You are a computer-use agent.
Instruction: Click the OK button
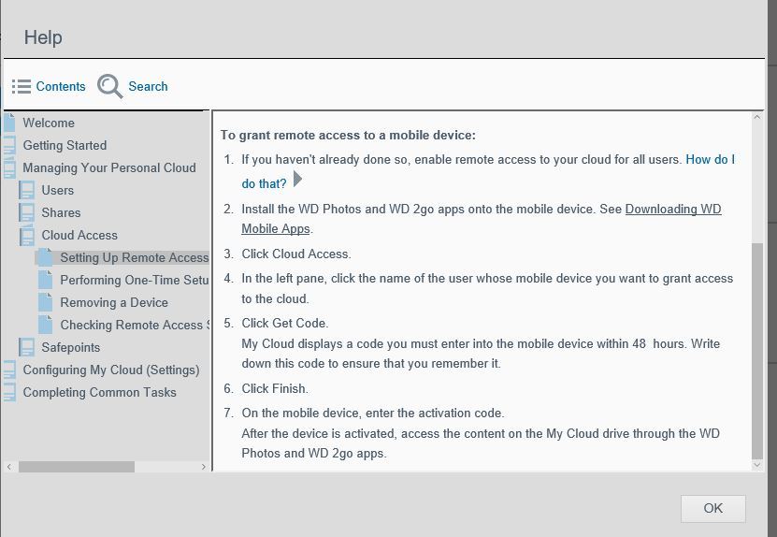(712, 508)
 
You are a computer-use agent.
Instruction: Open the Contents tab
(50, 86)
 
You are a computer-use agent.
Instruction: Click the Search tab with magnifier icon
(134, 86)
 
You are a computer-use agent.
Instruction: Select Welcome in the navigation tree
(49, 123)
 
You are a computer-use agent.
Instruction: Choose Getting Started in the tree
(65, 145)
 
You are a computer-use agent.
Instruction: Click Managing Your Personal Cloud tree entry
(109, 167)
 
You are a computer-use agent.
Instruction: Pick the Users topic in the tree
(57, 190)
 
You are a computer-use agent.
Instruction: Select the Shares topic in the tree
(61, 212)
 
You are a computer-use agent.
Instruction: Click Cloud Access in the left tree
(79, 235)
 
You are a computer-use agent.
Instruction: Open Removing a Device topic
(114, 302)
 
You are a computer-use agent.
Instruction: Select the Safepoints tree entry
(70, 347)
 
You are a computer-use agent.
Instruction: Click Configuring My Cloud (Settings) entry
(111, 370)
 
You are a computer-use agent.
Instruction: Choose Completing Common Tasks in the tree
(99, 392)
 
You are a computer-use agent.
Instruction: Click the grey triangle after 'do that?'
(298, 180)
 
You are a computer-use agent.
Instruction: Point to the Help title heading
(43, 37)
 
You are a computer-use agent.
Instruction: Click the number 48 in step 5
(639, 343)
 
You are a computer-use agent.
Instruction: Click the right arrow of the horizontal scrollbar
(204, 466)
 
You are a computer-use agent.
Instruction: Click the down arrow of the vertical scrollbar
(757, 464)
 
